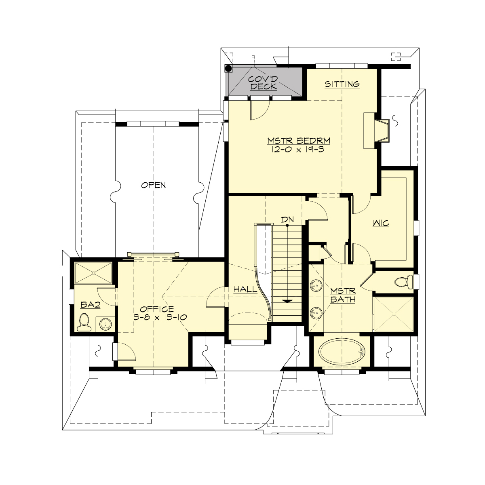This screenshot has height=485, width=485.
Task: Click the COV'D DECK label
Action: (x=263, y=82)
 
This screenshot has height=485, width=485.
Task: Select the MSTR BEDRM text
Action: (x=299, y=141)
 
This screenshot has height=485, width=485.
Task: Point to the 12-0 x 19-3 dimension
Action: (x=299, y=149)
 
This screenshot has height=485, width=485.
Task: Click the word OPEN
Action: (x=153, y=185)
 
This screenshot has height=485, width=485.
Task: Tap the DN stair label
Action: (x=287, y=219)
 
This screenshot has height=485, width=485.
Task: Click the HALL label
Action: (x=246, y=289)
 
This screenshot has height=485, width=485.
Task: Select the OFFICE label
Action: (x=158, y=309)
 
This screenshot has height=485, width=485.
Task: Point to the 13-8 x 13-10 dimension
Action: (x=158, y=317)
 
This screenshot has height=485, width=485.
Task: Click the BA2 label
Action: (x=90, y=305)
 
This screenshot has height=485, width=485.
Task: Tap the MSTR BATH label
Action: (x=342, y=295)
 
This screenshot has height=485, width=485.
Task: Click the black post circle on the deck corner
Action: (x=228, y=69)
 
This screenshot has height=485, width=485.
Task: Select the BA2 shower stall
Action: (x=93, y=274)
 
